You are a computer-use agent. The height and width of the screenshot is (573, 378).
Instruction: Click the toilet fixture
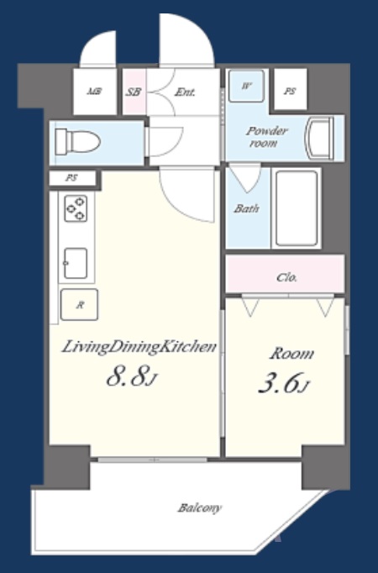click(77, 142)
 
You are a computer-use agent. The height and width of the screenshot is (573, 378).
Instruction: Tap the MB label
click(94, 92)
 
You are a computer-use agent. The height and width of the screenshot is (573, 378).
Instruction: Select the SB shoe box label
click(134, 92)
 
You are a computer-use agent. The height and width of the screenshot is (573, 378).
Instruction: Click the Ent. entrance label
click(185, 92)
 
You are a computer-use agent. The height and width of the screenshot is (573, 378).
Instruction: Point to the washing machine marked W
click(246, 87)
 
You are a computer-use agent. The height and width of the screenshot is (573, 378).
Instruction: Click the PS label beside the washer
click(290, 91)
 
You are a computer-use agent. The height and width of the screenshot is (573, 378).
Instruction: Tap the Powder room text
click(266, 137)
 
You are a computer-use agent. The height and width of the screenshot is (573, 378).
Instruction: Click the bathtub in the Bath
click(297, 208)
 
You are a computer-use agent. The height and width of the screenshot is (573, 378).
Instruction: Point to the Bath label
click(247, 208)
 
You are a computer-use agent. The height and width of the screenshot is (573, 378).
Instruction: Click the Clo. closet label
click(286, 277)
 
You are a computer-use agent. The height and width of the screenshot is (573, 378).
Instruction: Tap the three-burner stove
click(76, 208)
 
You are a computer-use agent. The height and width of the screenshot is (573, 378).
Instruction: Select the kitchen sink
click(76, 263)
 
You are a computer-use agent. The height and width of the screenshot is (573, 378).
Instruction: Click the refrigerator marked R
click(79, 305)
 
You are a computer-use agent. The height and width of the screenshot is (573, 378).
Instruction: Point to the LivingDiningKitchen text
click(139, 347)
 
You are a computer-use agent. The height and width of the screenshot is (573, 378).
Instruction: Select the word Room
click(291, 354)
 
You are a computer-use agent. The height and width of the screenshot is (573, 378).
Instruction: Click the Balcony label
click(200, 508)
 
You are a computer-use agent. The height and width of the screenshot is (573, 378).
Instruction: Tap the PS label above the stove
click(71, 178)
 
